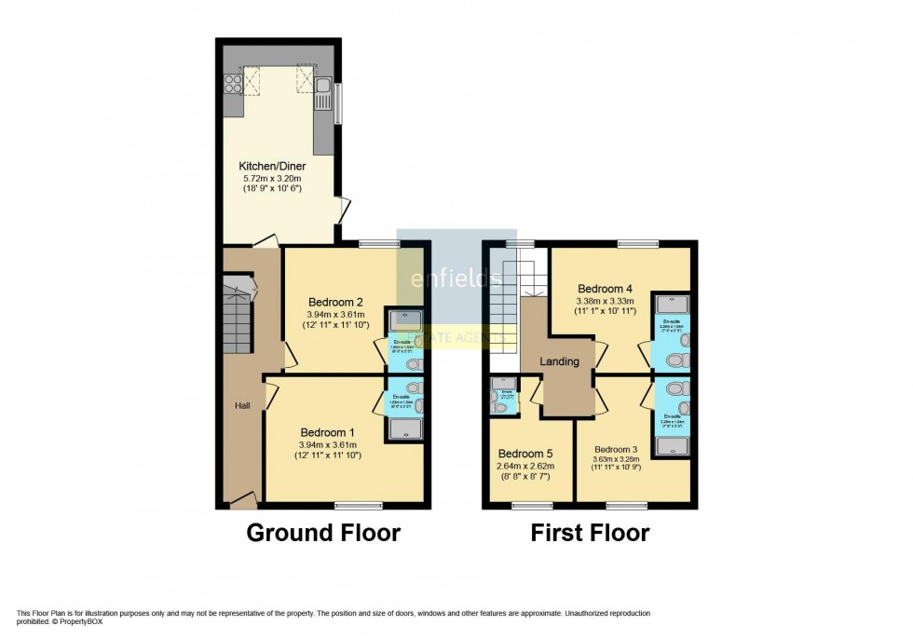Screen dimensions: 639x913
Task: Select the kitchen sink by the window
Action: (322, 92)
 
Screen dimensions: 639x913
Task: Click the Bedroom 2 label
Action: (335, 301)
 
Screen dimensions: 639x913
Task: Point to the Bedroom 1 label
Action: (326, 432)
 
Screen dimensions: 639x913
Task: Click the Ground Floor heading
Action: (322, 533)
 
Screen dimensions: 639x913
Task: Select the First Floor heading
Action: (590, 533)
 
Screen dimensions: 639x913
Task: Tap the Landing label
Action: (560, 361)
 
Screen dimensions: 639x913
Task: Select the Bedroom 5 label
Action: (525, 455)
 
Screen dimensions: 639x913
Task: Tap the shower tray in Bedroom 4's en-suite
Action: (672, 303)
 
